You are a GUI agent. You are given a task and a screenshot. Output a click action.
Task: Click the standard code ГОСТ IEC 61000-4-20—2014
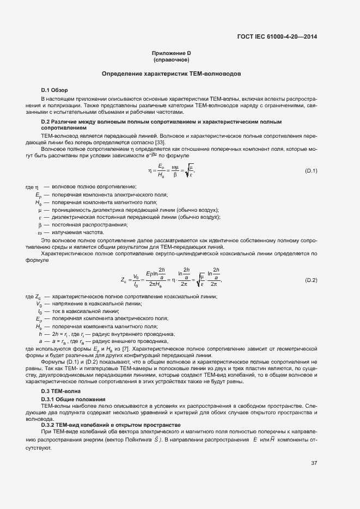[x=277, y=38]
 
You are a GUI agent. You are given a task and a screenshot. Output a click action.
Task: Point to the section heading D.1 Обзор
[x=54, y=90]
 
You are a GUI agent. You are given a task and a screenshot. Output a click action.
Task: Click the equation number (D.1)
[x=311, y=171]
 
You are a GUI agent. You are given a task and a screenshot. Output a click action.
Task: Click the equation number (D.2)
[x=311, y=280]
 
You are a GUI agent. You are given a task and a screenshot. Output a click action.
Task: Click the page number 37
[x=314, y=463]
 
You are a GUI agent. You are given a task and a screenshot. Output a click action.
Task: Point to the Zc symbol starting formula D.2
[x=124, y=280]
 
